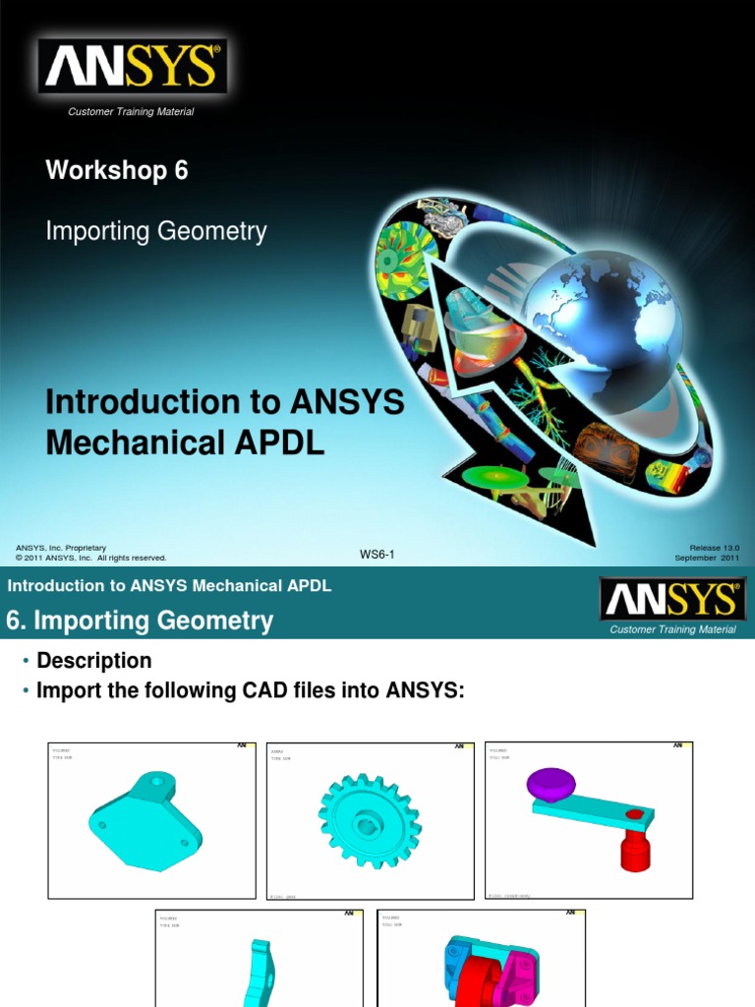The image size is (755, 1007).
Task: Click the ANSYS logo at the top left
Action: point(132,67)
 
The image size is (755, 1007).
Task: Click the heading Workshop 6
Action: point(116,170)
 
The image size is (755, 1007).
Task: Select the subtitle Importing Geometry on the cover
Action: point(155,232)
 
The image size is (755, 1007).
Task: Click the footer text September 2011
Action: point(706,558)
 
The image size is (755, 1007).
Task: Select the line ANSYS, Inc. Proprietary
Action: point(61,548)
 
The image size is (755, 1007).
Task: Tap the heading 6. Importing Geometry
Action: point(140,621)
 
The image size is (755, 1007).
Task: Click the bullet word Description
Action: point(93,661)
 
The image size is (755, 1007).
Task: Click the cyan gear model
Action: point(369,820)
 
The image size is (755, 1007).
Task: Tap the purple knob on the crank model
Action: point(551,784)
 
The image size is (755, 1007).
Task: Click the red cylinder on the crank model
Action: point(635,846)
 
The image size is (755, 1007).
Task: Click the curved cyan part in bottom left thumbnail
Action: point(260,974)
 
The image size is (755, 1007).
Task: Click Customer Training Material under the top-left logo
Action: point(131,112)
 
